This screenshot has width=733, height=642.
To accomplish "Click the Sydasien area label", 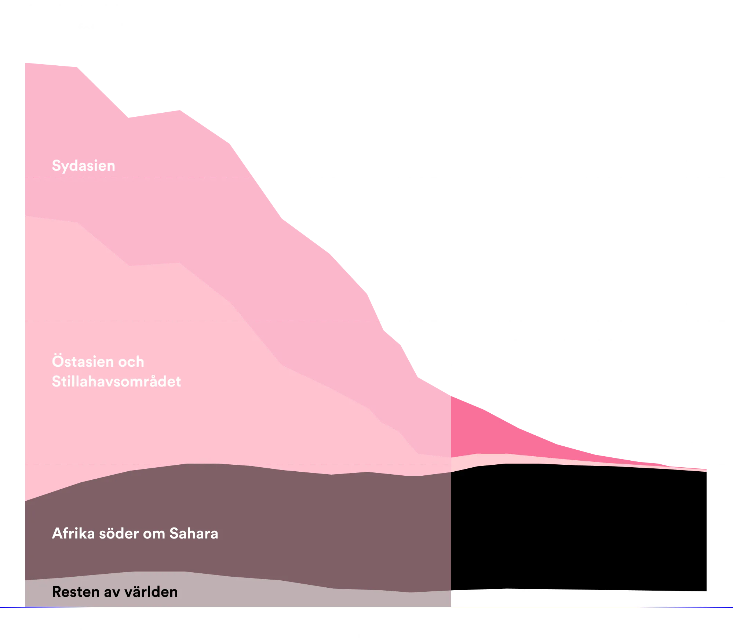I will pos(84,166).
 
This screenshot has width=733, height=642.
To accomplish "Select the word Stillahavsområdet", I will pos(116,381).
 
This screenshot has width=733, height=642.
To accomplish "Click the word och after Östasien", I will pos(131,362).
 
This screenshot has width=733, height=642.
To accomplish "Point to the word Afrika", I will pos(74,533).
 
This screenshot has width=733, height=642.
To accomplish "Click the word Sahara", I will pos(194,533).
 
